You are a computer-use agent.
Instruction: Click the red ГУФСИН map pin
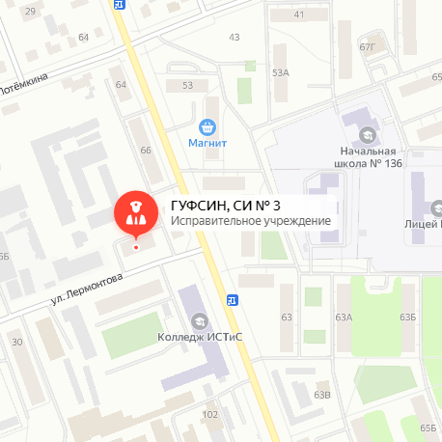pyautogui.click(x=136, y=214)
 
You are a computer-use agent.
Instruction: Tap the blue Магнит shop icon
pyautogui.click(x=207, y=126)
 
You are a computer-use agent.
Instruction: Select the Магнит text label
pyautogui.click(x=207, y=144)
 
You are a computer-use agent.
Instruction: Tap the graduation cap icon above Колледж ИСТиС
pyautogui.click(x=199, y=320)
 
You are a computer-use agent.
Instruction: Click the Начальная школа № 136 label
pyautogui.click(x=368, y=157)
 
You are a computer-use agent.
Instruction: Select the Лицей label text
pyautogui.click(x=422, y=223)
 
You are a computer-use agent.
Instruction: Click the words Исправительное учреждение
pyautogui.click(x=251, y=221)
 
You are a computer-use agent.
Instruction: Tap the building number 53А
pyautogui.click(x=281, y=72)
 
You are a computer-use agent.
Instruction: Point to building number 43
pyautogui.click(x=235, y=37)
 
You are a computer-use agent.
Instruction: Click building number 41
pyautogui.click(x=298, y=14)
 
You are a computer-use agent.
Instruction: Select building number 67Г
pyautogui.click(x=367, y=44)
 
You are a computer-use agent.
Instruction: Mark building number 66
pyautogui.click(x=147, y=151)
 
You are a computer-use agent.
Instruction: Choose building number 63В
pyautogui.click(x=322, y=395)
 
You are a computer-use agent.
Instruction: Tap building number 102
pyautogui.click(x=209, y=414)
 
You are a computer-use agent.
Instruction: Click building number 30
pyautogui.click(x=16, y=342)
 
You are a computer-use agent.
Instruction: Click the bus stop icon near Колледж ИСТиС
pyautogui.click(x=232, y=299)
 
